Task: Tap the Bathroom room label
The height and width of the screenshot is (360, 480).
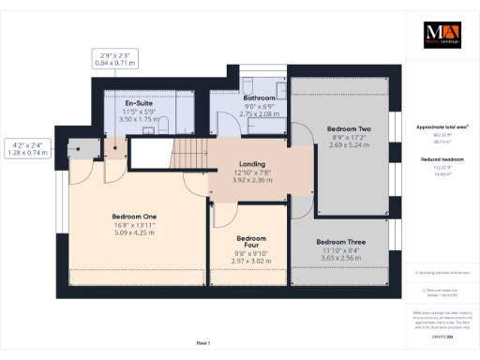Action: coord(259,97)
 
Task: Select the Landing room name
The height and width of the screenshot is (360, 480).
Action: coord(252,164)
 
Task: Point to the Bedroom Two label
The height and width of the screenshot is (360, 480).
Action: coord(349,128)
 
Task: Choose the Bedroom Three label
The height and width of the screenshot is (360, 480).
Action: coord(340,241)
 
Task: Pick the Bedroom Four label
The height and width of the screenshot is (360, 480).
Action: coord(252,243)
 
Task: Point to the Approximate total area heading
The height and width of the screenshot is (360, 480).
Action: coord(441,127)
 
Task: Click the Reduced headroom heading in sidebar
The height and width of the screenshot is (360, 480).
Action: coord(441,160)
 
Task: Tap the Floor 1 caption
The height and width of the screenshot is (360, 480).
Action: coord(203,343)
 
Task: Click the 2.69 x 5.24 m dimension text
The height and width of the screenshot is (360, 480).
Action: coord(349,145)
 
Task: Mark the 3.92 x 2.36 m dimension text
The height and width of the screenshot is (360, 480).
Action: coord(252,181)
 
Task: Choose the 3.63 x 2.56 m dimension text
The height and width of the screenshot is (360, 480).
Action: coord(340,258)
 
